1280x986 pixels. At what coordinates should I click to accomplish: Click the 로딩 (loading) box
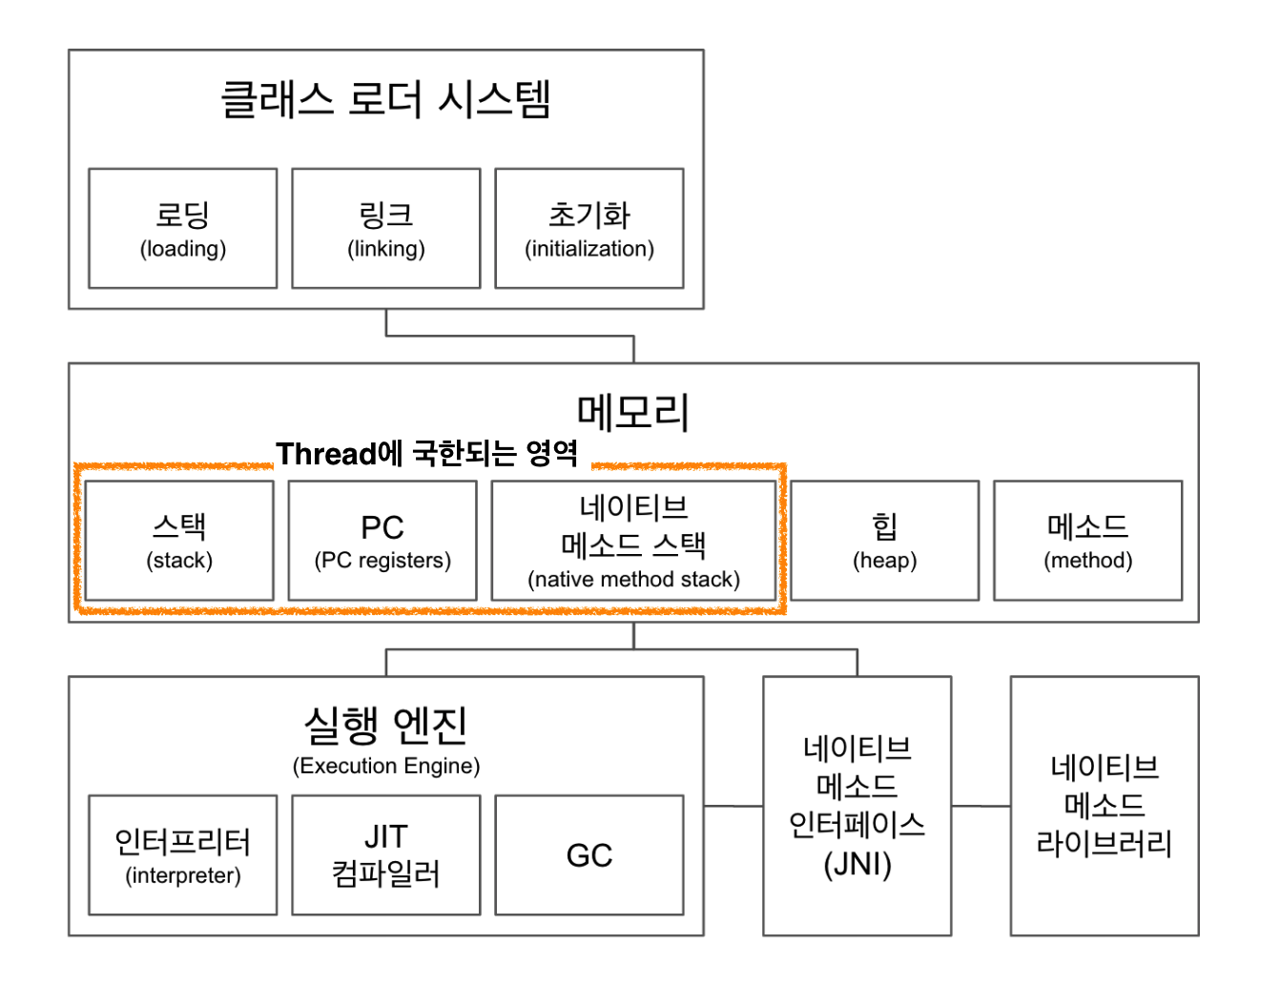pyautogui.click(x=182, y=229)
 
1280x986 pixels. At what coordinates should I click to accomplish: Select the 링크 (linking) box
pyautogui.click(x=385, y=229)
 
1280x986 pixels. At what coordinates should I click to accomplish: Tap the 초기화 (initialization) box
pyautogui.click(x=588, y=229)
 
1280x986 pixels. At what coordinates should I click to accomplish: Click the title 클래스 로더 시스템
pyautogui.click(x=385, y=99)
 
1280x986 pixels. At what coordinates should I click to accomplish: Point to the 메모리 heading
pyautogui.click(x=632, y=412)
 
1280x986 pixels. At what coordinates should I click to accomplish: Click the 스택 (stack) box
pyautogui.click(x=179, y=541)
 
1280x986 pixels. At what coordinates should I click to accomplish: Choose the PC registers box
pyautogui.click(x=382, y=541)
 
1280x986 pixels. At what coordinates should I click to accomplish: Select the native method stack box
pyautogui.click(x=633, y=541)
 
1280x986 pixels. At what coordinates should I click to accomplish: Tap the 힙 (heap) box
pyautogui.click(x=884, y=541)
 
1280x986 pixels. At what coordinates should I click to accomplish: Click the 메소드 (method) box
pyautogui.click(x=1087, y=541)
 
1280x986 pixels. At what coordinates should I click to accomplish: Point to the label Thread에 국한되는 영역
pyautogui.click(x=427, y=453)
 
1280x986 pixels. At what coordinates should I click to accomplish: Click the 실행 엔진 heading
pyautogui.click(x=385, y=726)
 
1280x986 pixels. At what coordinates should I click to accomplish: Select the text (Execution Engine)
pyautogui.click(x=385, y=766)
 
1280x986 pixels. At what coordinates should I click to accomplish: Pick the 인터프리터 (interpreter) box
pyautogui.click(x=182, y=855)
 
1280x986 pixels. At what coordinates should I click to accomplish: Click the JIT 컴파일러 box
pyautogui.click(x=385, y=855)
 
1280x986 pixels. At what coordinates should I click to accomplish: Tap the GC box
pyautogui.click(x=588, y=855)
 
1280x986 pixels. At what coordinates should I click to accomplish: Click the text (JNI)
pyautogui.click(x=857, y=865)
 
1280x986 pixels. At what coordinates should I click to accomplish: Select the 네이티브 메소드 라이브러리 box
pyautogui.click(x=1104, y=806)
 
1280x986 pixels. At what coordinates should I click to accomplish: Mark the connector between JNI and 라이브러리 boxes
pyautogui.click(x=981, y=806)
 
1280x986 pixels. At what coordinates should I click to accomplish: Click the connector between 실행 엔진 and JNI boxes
pyautogui.click(x=733, y=806)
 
